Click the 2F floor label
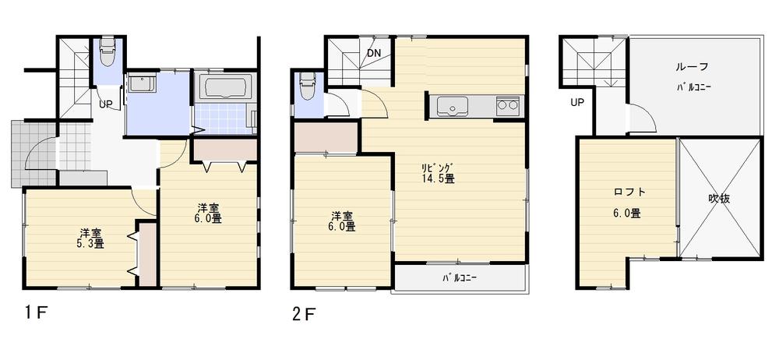(x=304, y=314)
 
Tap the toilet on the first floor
(x=108, y=52)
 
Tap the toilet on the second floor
(x=308, y=84)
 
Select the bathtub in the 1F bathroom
(x=224, y=86)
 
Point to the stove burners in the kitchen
(x=508, y=105)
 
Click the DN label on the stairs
(x=375, y=53)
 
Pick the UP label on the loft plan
(x=577, y=102)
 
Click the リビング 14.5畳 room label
(x=438, y=172)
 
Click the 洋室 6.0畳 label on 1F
(x=208, y=213)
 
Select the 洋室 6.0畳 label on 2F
(x=343, y=221)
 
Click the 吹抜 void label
(x=718, y=199)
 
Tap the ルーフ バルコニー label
(x=693, y=76)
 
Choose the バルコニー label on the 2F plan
(x=460, y=277)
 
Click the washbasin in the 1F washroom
(x=141, y=83)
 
